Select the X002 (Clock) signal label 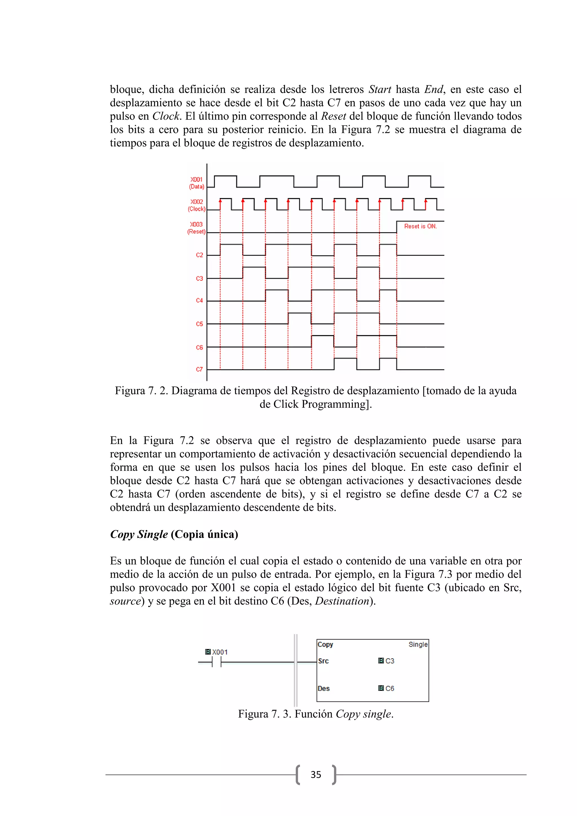[196, 205]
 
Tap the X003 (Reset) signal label [196, 228]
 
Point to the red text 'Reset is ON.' [420, 226]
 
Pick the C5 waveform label [199, 324]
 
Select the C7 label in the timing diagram [199, 370]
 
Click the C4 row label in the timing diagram [199, 301]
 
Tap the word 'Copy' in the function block [325, 644]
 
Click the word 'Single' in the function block [418, 644]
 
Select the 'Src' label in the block [323, 661]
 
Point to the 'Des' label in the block [324, 688]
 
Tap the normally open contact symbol [216, 662]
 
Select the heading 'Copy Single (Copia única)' [174, 535]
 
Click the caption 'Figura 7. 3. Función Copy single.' [316, 714]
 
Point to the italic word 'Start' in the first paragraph [380, 89]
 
